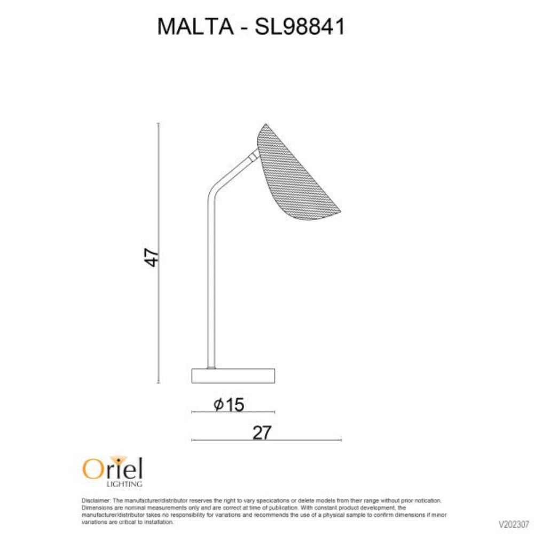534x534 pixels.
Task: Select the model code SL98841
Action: tap(300, 26)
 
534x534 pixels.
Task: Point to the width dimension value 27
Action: tap(262, 433)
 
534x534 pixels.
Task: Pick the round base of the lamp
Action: tap(233, 375)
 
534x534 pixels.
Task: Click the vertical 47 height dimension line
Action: tap(159, 320)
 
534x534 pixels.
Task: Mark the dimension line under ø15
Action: tap(233, 413)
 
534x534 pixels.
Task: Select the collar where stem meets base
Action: tap(211, 367)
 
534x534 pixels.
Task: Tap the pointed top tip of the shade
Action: tap(265, 125)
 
